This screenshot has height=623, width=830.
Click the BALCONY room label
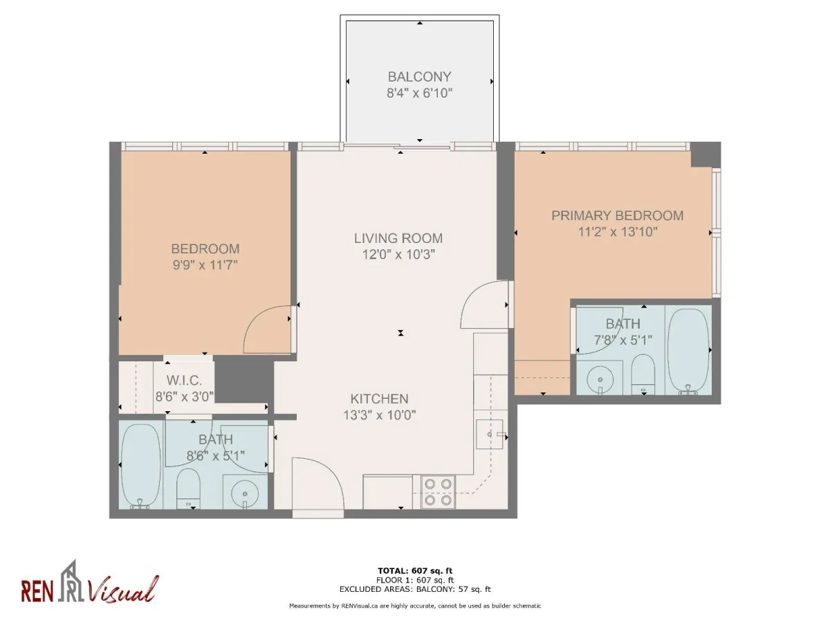(419, 77)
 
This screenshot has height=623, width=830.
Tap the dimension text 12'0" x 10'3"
(398, 254)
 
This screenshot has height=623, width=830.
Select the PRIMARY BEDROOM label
(617, 216)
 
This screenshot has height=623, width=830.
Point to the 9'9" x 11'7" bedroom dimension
(205, 264)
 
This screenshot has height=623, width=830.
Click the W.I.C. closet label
(184, 380)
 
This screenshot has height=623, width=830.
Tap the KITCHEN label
(379, 399)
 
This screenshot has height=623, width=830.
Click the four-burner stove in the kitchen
(438, 491)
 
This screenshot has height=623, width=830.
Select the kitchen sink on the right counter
(491, 435)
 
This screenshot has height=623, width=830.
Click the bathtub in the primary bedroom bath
(689, 351)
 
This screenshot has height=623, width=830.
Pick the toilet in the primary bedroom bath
(643, 374)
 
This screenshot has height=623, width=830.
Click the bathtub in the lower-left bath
(140, 465)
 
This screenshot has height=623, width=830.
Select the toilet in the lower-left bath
(187, 487)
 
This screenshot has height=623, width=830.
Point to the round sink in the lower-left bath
(245, 494)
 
